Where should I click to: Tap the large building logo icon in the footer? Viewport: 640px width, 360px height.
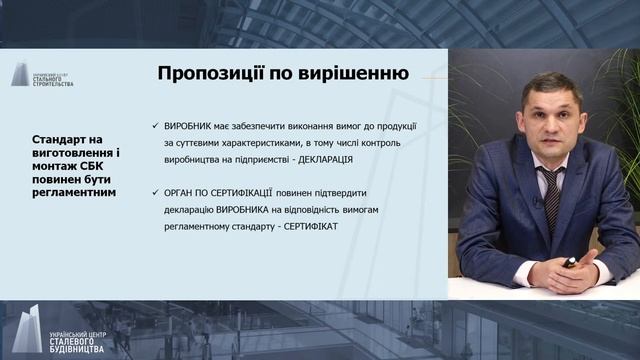22,329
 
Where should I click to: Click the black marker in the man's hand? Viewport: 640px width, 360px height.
570,262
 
